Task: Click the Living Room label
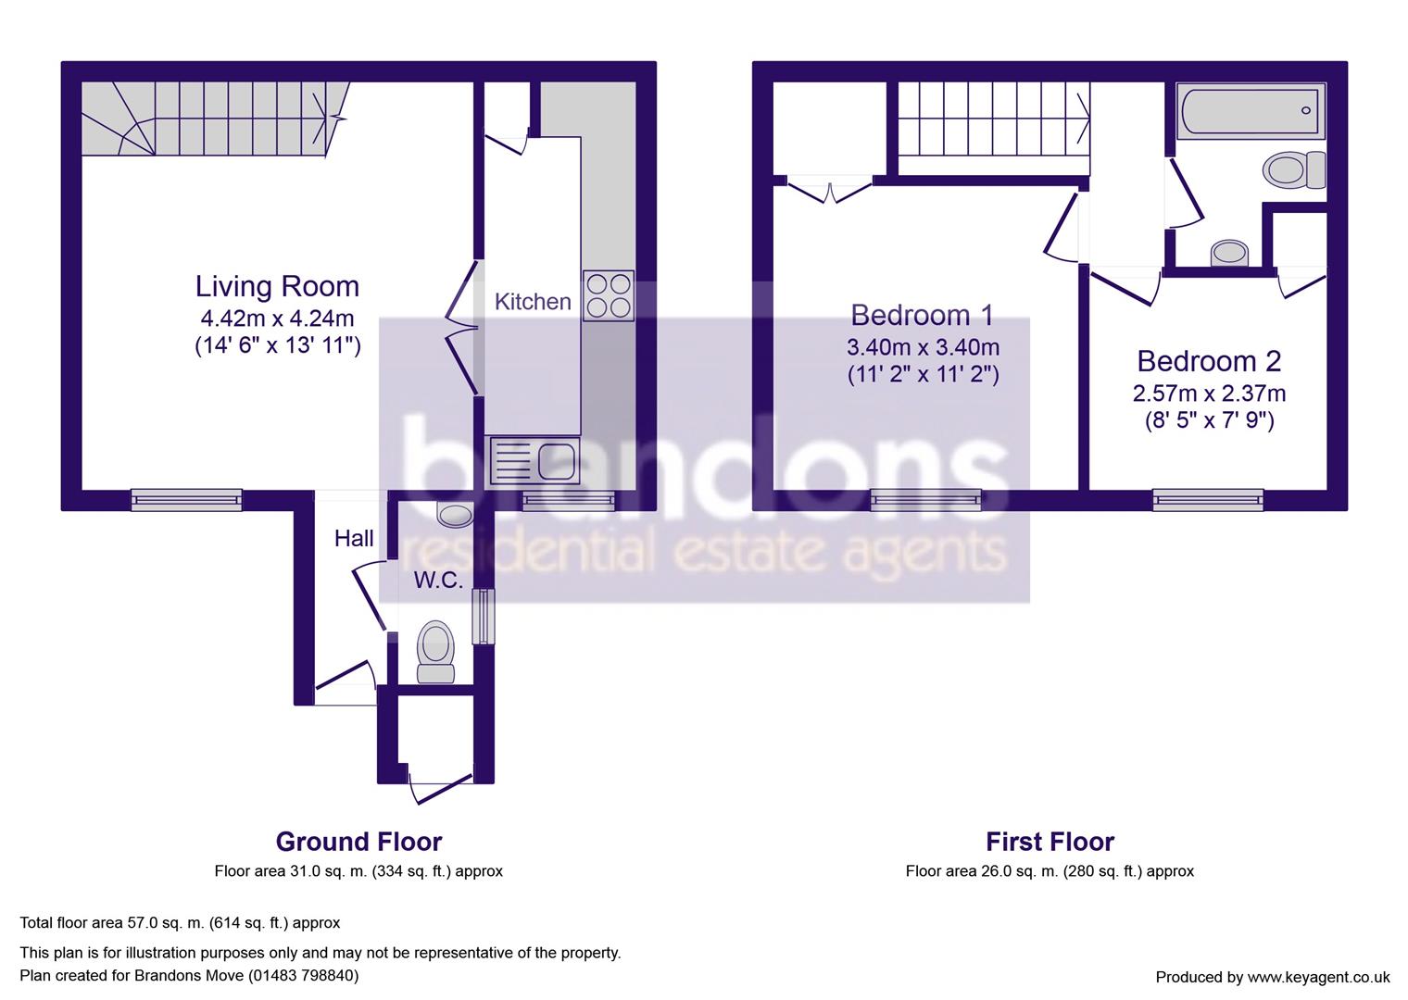(x=277, y=286)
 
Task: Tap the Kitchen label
(x=533, y=302)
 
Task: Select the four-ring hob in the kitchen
(x=609, y=295)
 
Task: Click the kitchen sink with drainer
(x=533, y=460)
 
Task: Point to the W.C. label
(x=438, y=581)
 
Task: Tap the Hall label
(x=354, y=538)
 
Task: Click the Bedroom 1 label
(x=922, y=316)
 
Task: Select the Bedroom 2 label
(x=1209, y=360)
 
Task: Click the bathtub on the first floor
(x=1250, y=112)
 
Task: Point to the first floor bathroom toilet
(x=1293, y=170)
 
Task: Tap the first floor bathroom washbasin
(x=1229, y=252)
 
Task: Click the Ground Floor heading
(x=358, y=842)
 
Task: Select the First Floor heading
(x=1050, y=842)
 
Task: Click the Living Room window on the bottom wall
(x=186, y=500)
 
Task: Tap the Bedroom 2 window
(x=1208, y=500)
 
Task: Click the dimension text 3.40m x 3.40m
(x=923, y=348)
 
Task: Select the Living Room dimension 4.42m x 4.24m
(x=277, y=319)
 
